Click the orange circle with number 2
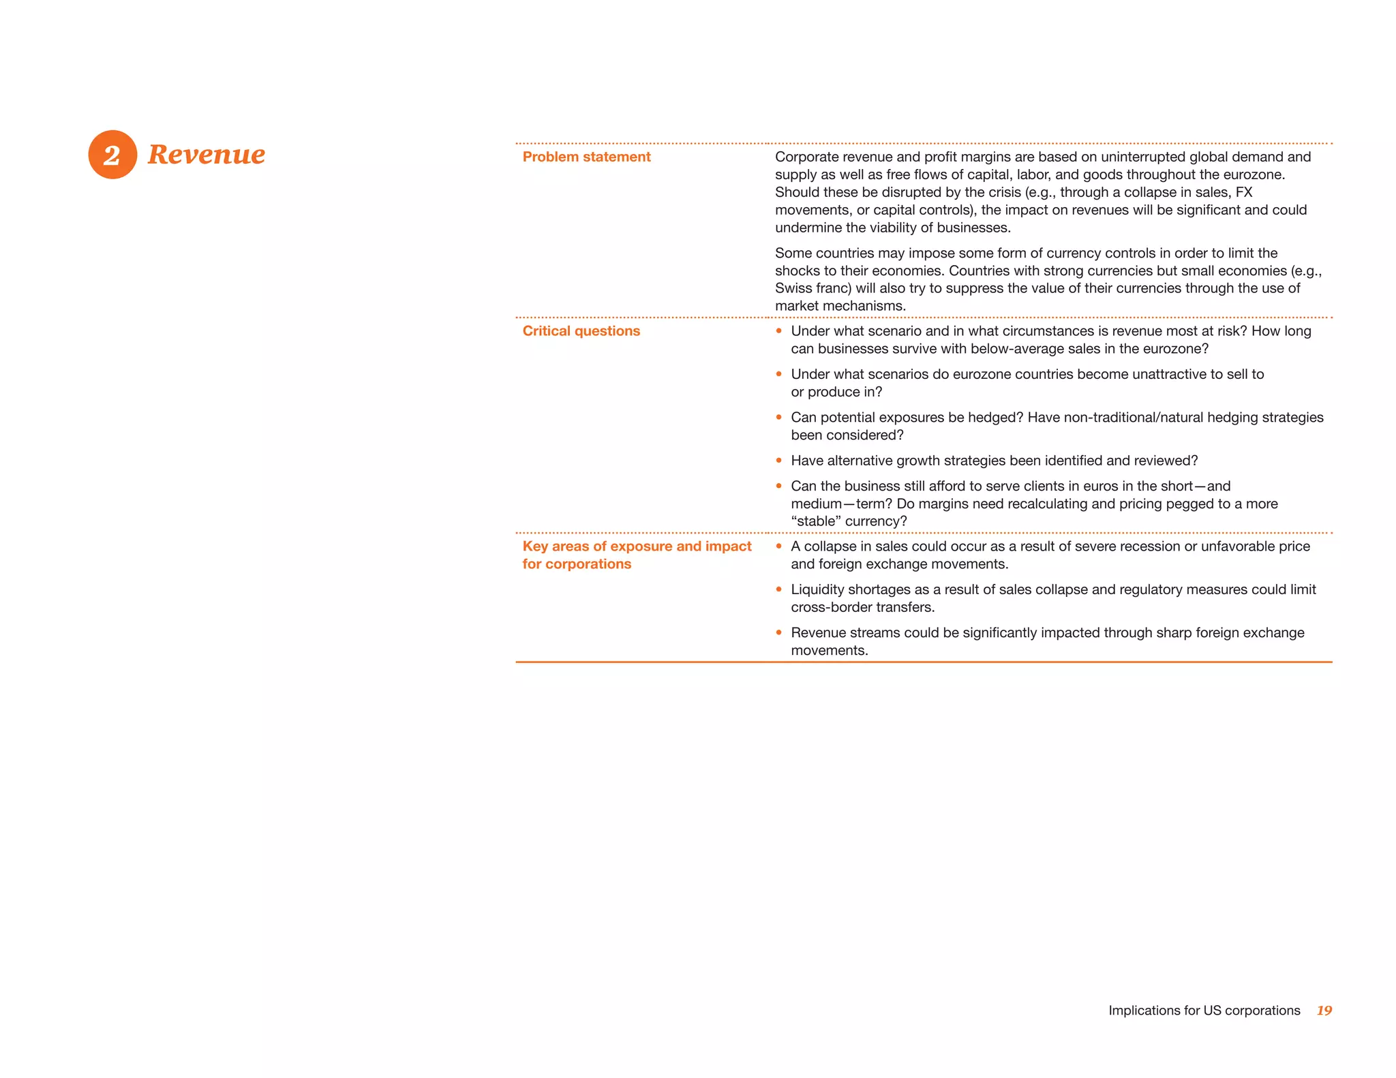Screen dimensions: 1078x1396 pyautogui.click(x=112, y=155)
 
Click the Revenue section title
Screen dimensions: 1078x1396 pyautogui.click(x=206, y=155)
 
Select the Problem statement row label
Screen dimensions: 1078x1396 pyautogui.click(x=586, y=157)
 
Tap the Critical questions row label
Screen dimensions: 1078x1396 pyautogui.click(x=581, y=331)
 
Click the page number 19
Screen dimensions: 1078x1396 pyautogui.click(x=1324, y=1011)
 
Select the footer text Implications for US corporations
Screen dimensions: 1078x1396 pyautogui.click(x=1204, y=1011)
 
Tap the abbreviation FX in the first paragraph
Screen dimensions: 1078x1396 pyautogui.click(x=1243, y=192)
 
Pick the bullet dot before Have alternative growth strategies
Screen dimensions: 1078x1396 pyautogui.click(x=779, y=461)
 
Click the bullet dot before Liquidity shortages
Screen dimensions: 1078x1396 pyautogui.click(x=779, y=589)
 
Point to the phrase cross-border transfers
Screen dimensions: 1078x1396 pyautogui.click(x=862, y=607)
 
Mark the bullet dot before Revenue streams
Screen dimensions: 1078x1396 pyautogui.click(x=779, y=632)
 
